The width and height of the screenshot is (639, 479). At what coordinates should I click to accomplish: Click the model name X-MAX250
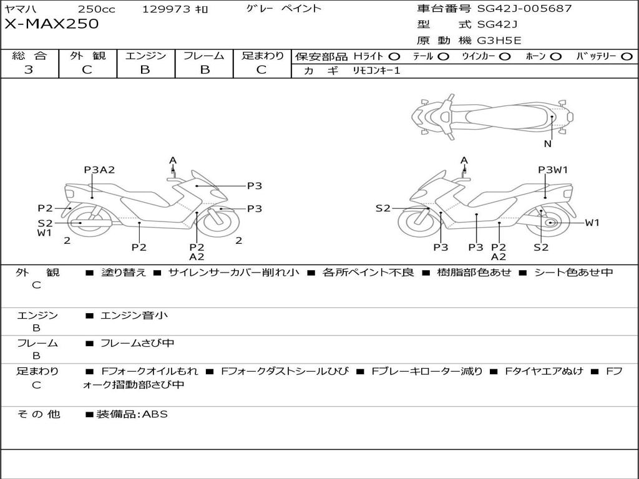pyautogui.click(x=52, y=24)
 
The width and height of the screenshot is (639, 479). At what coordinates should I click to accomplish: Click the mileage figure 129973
pyautogui.click(x=168, y=9)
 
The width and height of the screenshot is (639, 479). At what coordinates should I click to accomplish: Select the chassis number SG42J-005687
pyautogui.click(x=524, y=9)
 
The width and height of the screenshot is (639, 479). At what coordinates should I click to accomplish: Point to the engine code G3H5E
pyautogui.click(x=499, y=41)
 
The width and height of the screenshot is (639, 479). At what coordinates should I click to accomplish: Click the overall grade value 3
pyautogui.click(x=29, y=70)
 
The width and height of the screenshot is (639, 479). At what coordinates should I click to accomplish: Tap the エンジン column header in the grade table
pyautogui.click(x=146, y=56)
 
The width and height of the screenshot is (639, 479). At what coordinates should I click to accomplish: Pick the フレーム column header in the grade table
pyautogui.click(x=204, y=56)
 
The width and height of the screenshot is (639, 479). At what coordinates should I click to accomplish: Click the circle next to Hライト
pyautogui.click(x=394, y=57)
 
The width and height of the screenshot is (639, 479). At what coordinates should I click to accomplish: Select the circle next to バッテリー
pyautogui.click(x=627, y=57)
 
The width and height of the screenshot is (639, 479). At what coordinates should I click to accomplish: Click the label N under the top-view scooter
pyautogui.click(x=547, y=144)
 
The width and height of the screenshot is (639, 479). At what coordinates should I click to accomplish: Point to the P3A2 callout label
pyautogui.click(x=100, y=170)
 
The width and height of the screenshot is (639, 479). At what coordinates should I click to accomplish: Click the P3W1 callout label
pyautogui.click(x=553, y=170)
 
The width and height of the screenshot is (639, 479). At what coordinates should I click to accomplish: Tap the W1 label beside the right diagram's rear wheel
pyautogui.click(x=592, y=223)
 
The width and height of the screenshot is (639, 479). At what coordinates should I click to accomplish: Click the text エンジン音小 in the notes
pyautogui.click(x=134, y=316)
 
